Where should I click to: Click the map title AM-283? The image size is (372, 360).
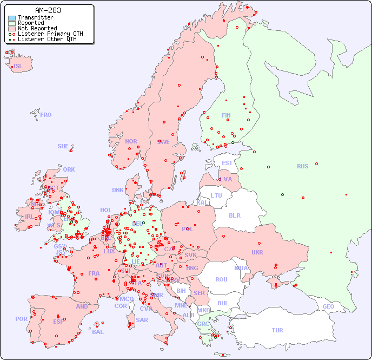pos(48,10)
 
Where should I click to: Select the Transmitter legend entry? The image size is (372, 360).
pos(35,18)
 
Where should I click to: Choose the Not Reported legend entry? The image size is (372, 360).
pos(37,28)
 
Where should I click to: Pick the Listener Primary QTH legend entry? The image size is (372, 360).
pos(50,34)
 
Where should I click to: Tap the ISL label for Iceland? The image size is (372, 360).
pos(18,67)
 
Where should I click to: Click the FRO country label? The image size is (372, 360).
pos(46,115)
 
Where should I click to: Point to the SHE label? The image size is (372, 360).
pos(63,146)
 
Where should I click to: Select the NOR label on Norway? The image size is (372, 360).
pos(131,141)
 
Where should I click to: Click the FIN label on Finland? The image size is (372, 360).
pos(226,115)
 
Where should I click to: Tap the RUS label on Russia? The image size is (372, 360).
pos(302,166)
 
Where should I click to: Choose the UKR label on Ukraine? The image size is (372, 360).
pos(257,252)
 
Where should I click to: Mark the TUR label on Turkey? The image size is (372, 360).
pos(277,330)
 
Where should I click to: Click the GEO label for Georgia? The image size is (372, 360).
pos(328,306)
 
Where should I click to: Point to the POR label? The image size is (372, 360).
pos(21,319)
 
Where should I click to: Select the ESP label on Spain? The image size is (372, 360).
pos(58,322)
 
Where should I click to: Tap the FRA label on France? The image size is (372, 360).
pos(94,273)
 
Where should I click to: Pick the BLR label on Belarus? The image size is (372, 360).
pos(234,215)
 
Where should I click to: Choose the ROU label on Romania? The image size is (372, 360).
pos(221,279)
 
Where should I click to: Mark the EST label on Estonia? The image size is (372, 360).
pos(227,163)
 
